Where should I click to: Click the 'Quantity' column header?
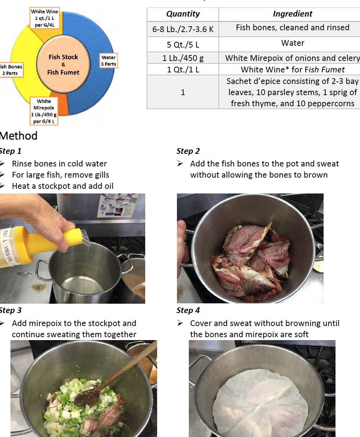[183, 14]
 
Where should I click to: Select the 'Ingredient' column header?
[292, 14]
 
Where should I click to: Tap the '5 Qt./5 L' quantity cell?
[183, 45]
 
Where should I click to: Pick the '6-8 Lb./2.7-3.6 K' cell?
[183, 29]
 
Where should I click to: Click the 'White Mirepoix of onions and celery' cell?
[292, 58]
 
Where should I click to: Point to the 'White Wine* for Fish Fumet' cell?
[292, 70]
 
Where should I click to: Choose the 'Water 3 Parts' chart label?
[108, 61]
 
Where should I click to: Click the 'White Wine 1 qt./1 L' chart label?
[44, 18]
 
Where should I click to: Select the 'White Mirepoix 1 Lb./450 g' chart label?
[44, 111]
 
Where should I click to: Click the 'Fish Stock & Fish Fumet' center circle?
[63, 64]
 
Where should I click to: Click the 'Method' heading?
[19, 136]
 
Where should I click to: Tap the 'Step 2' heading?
[188, 151]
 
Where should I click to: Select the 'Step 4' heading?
[188, 310]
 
